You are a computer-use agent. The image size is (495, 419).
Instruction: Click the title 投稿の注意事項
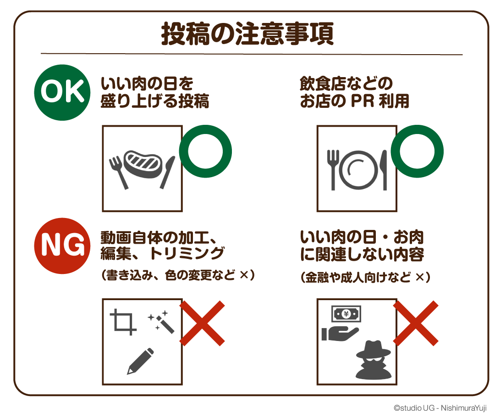(x=247, y=34)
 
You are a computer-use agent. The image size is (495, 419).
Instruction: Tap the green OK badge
(x=62, y=93)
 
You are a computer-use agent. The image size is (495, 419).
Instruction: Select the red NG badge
(x=62, y=246)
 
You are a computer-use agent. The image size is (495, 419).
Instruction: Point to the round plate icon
(x=358, y=170)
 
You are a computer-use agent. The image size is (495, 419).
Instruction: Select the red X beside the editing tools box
(x=202, y=323)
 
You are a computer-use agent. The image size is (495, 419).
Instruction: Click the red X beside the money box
(x=416, y=323)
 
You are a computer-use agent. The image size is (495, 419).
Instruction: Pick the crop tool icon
(x=123, y=322)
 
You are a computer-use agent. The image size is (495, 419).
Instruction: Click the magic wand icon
(x=162, y=322)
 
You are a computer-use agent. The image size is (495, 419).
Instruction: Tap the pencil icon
(x=140, y=361)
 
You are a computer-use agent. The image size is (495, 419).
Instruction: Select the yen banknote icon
(x=346, y=314)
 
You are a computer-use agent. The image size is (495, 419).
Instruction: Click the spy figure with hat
(x=374, y=360)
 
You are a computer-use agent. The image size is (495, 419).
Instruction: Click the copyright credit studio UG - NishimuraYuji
(x=440, y=408)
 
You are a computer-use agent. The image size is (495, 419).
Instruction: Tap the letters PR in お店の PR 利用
(x=363, y=101)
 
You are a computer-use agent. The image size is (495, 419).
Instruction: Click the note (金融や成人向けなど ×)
(x=365, y=278)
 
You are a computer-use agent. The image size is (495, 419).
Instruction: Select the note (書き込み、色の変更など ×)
(x=178, y=275)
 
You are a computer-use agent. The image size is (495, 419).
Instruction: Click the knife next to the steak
(x=167, y=172)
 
